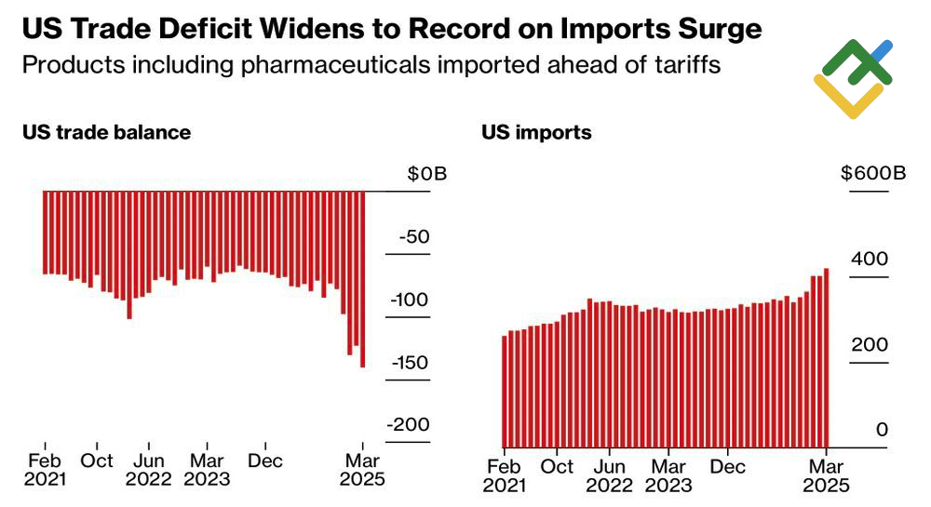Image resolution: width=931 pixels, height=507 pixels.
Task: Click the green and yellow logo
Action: (852, 78)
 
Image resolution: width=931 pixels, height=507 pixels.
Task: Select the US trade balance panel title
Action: (106, 132)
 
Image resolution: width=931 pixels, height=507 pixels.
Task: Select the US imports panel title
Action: (536, 132)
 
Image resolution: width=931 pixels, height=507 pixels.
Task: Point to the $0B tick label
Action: (426, 174)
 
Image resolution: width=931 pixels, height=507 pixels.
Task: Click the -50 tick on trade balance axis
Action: (413, 237)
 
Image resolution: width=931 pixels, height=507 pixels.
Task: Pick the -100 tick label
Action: (411, 300)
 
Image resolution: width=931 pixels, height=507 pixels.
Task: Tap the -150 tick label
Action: (411, 362)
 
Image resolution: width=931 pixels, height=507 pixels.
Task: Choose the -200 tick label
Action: (411, 424)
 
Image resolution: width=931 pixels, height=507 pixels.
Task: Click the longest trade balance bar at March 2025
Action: (362, 279)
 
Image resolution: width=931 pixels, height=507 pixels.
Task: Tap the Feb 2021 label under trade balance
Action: (45, 470)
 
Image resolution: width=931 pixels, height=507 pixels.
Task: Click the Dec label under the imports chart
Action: (728, 466)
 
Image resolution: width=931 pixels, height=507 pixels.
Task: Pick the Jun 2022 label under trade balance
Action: (149, 470)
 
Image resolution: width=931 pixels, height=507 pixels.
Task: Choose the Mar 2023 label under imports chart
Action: (668, 475)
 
